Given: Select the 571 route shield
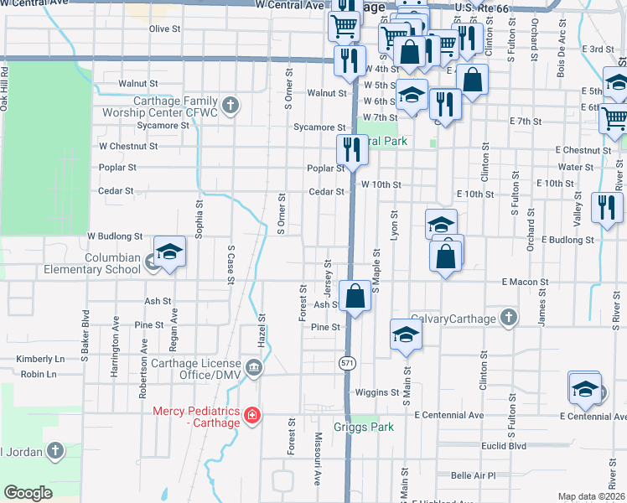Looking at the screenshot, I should click(346, 363).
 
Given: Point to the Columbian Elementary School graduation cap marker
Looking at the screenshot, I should click(169, 253).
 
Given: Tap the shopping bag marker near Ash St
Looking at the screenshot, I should click(355, 296).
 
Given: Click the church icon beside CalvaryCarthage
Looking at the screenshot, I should click(507, 319).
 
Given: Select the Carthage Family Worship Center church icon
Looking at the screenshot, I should click(231, 106).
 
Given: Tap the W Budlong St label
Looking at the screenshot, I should click(115, 237).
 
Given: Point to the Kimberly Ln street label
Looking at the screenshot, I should click(40, 358).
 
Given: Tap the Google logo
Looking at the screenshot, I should click(28, 493).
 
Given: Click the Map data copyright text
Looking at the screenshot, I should click(590, 496).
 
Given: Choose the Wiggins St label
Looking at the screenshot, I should click(376, 392).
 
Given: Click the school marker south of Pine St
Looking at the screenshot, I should click(406, 334).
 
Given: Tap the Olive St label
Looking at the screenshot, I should click(164, 29).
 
